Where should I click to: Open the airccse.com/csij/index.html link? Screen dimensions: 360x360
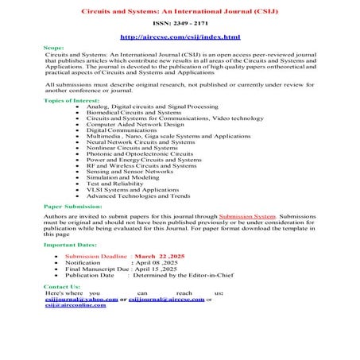click(179, 37)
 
